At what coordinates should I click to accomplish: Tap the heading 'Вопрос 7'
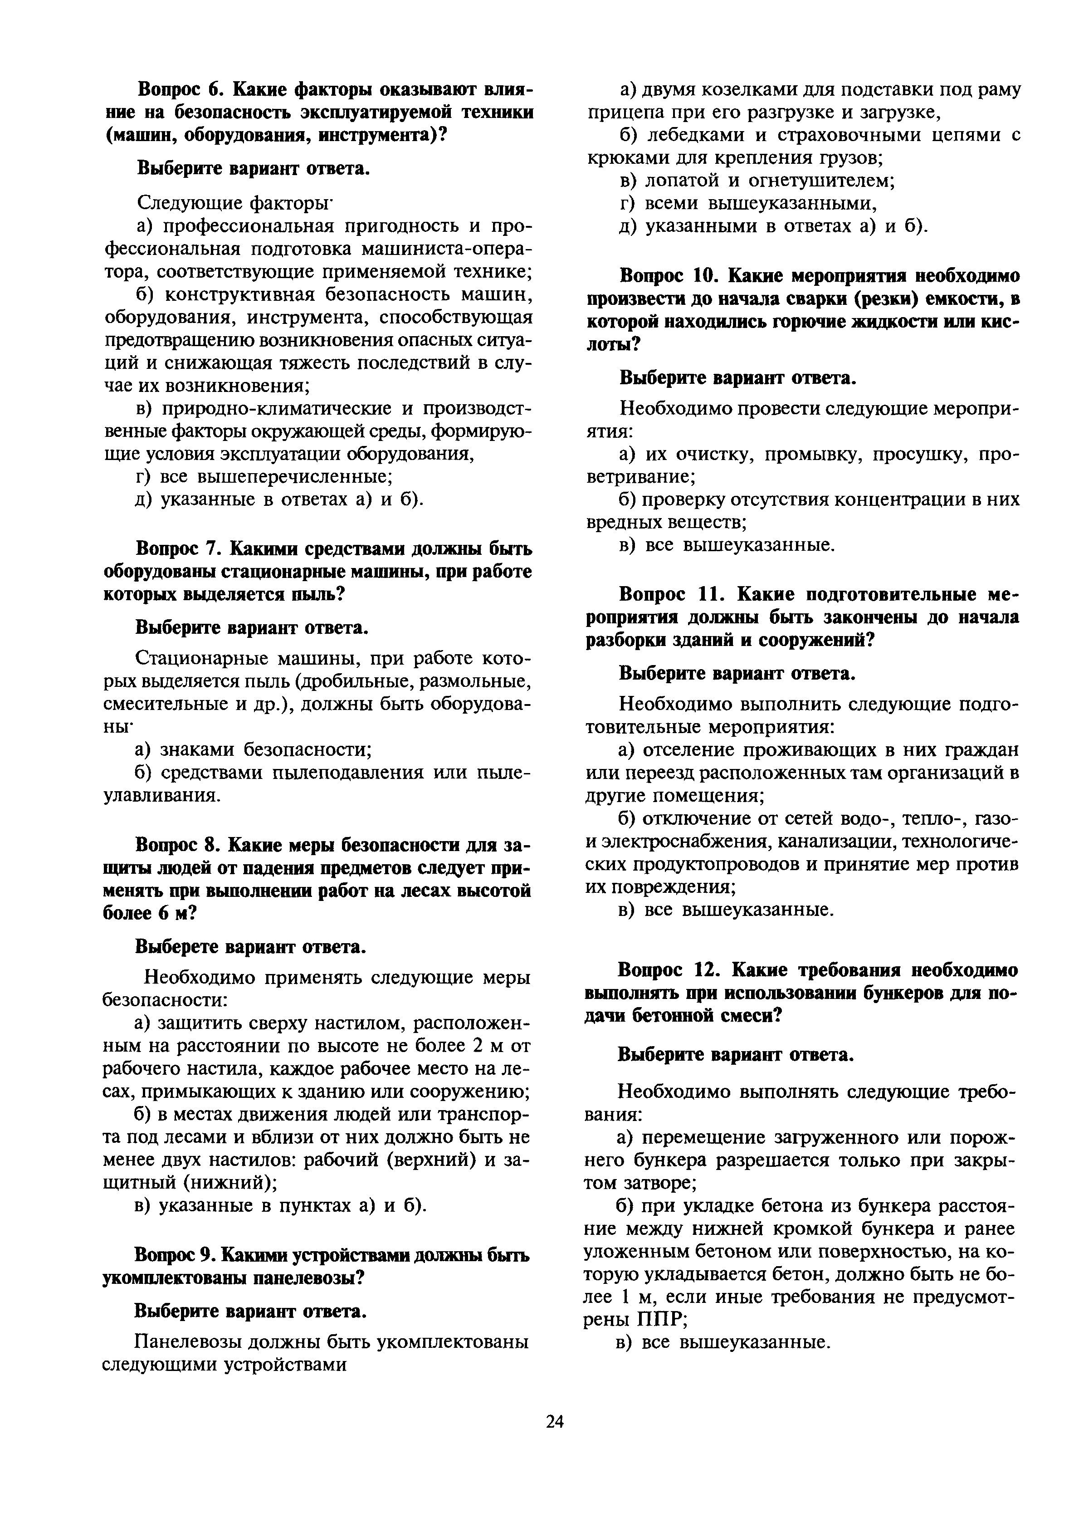tap(178, 549)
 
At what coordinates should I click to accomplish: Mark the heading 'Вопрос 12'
tap(665, 970)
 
